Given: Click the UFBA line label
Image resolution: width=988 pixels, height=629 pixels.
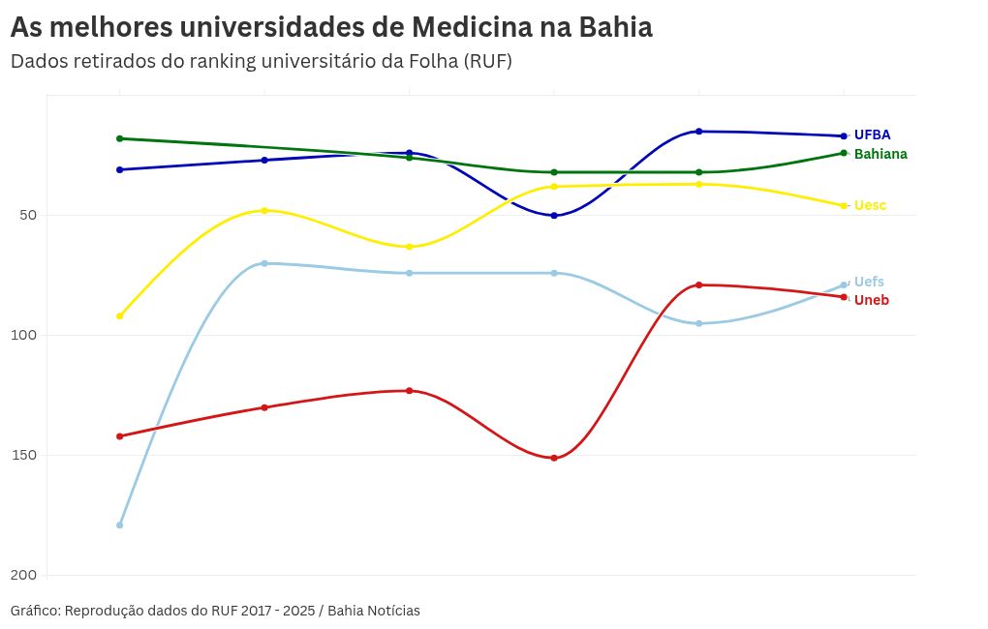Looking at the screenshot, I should pyautogui.click(x=872, y=135).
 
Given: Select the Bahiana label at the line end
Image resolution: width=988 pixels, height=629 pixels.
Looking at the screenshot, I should pyautogui.click(x=880, y=154).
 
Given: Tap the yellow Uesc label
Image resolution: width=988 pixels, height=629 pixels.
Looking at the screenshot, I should pyautogui.click(x=870, y=205).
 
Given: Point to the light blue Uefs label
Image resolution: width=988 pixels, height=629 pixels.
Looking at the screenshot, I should pyautogui.click(x=869, y=282).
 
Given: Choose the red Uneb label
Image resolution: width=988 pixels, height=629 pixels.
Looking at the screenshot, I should pyautogui.click(x=871, y=300).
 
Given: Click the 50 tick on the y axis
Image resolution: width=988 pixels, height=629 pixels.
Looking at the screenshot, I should pyautogui.click(x=28, y=215).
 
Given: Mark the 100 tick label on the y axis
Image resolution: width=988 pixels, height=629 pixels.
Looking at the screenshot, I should pyautogui.click(x=24, y=335).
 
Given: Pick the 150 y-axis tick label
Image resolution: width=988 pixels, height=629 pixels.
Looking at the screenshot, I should pyautogui.click(x=24, y=455).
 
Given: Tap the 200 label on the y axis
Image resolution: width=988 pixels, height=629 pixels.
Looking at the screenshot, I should pyautogui.click(x=24, y=575).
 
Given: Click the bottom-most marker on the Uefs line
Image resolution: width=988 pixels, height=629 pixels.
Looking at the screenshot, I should pyautogui.click(x=119, y=525).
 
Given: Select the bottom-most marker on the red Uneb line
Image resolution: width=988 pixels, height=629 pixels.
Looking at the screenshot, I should pyautogui.click(x=554, y=458).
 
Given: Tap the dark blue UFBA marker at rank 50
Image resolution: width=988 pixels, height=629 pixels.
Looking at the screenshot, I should pyautogui.click(x=554, y=216).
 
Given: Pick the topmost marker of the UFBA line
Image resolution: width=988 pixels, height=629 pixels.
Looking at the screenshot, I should pyautogui.click(x=698, y=131).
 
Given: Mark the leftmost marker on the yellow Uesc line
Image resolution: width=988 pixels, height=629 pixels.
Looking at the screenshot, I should pyautogui.click(x=119, y=316).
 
